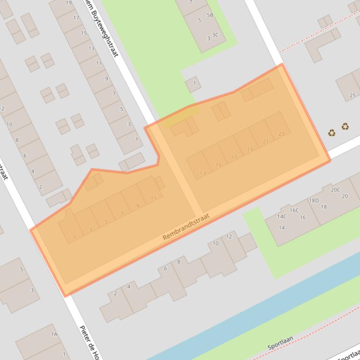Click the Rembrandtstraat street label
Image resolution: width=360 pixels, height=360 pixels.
pyautogui.click(x=186, y=227)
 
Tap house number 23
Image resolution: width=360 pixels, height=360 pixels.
pyautogui.click(x=281, y=134)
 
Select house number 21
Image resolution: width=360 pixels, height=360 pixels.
pyautogui.click(x=266, y=142)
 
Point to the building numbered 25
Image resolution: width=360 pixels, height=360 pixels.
pyautogui.click(x=353, y=96)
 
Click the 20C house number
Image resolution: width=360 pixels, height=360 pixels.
pyautogui.click(x=335, y=190)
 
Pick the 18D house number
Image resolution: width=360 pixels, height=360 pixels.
pyautogui.click(x=314, y=201)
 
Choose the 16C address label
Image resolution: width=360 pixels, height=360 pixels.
pyautogui.click(x=294, y=210)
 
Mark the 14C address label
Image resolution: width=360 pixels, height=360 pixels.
pyautogui.click(x=282, y=216)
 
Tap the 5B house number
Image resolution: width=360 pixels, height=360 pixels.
pyautogui.click(x=210, y=15)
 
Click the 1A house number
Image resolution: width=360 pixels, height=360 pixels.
pyautogui.click(x=54, y=334)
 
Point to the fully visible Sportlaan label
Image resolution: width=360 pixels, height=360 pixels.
pyautogui.click(x=280, y=344)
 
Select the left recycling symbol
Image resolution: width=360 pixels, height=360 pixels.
pyautogui.click(x=331, y=133)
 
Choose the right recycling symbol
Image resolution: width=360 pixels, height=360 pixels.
pyautogui.click(x=345, y=126)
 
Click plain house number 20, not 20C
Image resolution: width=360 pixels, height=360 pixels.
pyautogui.click(x=345, y=196)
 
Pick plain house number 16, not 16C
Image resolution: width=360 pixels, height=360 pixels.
pyautogui.click(x=303, y=217)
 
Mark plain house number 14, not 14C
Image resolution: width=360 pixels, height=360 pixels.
pyautogui.click(x=281, y=228)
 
